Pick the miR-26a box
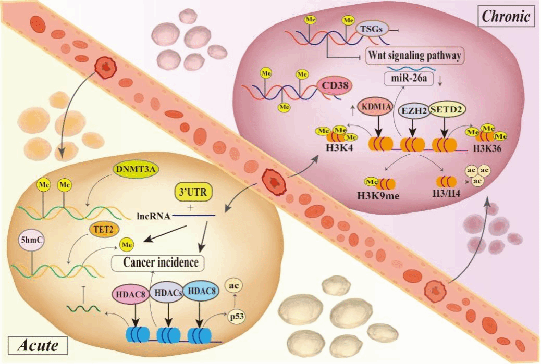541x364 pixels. (x=409, y=78)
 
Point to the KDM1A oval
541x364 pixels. (x=376, y=107)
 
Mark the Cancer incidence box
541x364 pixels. (x=158, y=263)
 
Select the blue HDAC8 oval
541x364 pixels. (x=201, y=291)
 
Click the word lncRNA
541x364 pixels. (x=154, y=217)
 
